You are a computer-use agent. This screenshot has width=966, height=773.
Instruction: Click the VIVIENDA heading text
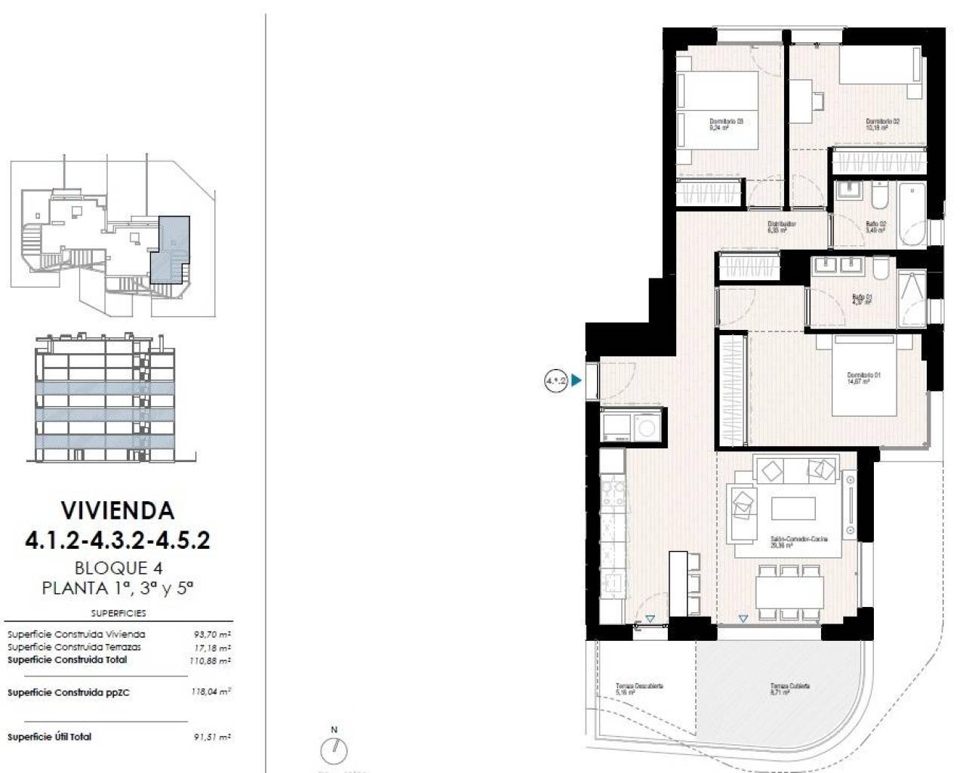[117, 510]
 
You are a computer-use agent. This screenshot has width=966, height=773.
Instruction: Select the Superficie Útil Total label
[50, 737]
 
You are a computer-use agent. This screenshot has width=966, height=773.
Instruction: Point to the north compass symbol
[334, 750]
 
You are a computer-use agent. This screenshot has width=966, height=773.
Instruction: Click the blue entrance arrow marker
[577, 381]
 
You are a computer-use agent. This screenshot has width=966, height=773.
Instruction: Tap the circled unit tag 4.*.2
[555, 381]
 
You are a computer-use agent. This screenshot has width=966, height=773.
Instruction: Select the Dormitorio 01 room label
[863, 378]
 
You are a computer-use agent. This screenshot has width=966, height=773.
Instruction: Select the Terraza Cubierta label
[789, 688]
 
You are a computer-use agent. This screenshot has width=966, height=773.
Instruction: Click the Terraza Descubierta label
[639, 688]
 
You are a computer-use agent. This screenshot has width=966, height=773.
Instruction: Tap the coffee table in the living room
[792, 508]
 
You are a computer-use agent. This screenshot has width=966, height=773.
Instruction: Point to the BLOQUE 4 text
[118, 568]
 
